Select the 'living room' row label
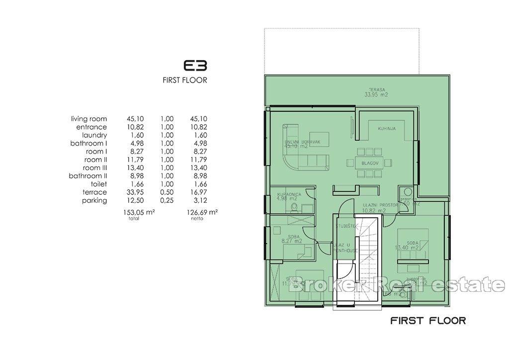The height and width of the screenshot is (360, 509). point(89,119)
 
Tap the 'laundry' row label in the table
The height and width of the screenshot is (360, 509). point(94,135)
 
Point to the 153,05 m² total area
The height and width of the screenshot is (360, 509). point(139,212)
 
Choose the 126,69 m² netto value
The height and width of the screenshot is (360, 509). point(203,212)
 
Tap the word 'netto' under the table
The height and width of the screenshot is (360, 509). point(197,218)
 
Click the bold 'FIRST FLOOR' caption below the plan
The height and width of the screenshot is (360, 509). point(428,320)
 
